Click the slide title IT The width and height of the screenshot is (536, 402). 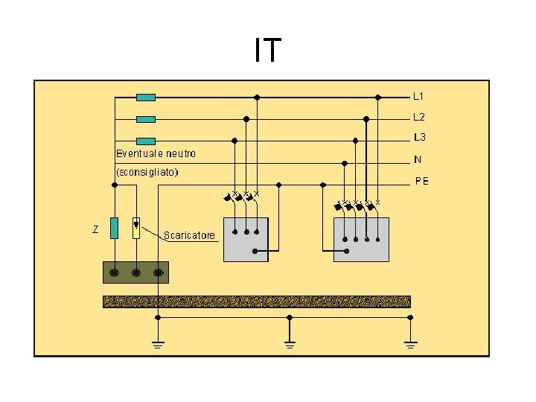(267, 50)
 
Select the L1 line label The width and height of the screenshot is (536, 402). (419, 96)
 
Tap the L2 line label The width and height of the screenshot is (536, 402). (419, 117)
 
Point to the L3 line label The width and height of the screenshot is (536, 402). (420, 138)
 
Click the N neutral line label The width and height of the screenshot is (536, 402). (418, 159)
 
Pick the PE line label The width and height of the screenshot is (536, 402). (421, 181)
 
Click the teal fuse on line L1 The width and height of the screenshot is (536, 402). (146, 97)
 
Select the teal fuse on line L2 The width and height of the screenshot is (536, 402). (146, 118)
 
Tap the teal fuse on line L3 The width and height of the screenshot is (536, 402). (146, 140)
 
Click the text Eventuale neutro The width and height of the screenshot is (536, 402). (156, 153)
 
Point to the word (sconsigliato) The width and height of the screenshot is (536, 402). (147, 171)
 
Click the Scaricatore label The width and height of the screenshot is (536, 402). (190, 235)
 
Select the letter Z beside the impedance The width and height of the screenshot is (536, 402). (95, 228)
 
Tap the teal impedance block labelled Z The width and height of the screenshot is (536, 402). (114, 228)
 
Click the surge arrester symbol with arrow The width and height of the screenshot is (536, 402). (135, 227)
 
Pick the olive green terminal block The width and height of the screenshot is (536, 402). (135, 272)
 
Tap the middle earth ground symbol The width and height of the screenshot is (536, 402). (290, 343)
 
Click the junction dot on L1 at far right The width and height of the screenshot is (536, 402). (378, 97)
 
